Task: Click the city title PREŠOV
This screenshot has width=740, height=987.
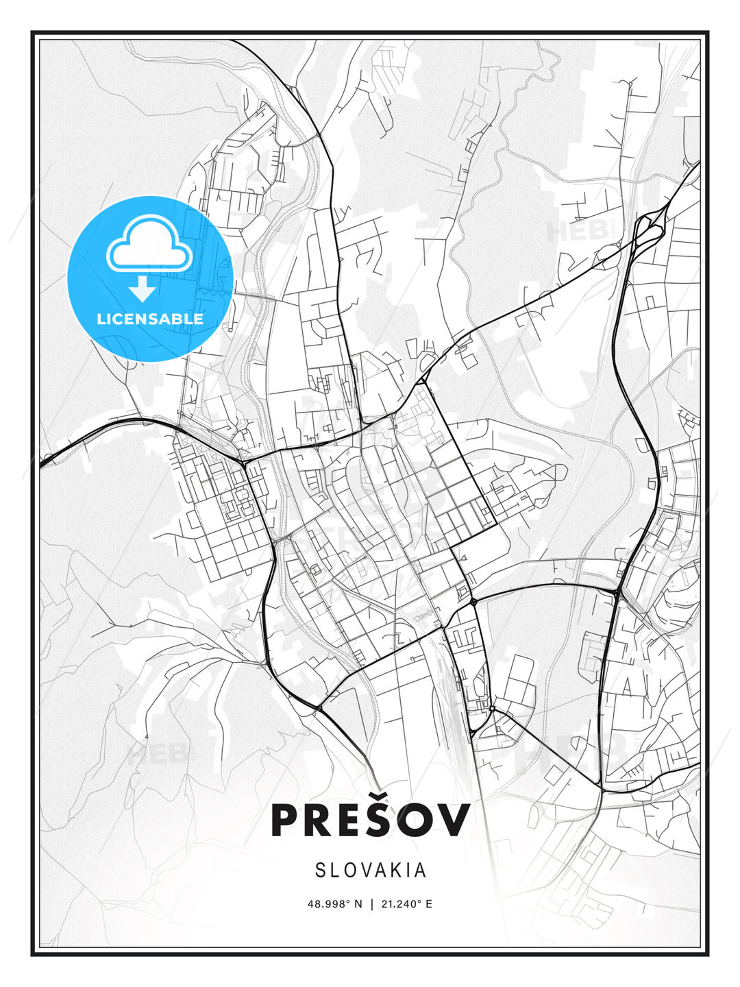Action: click(x=370, y=820)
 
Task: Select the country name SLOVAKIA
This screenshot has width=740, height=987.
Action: click(x=371, y=870)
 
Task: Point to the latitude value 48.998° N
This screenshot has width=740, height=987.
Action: click(x=334, y=904)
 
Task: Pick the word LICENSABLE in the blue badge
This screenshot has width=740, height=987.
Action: click(x=150, y=319)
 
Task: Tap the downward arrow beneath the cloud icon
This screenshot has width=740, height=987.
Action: click(x=143, y=289)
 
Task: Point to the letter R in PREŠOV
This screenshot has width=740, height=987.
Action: click(x=321, y=820)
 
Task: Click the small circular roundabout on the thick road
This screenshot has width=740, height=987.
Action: click(x=473, y=602)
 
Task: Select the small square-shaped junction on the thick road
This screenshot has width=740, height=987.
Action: click(x=491, y=708)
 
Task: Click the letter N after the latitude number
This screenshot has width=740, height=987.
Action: click(x=357, y=904)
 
